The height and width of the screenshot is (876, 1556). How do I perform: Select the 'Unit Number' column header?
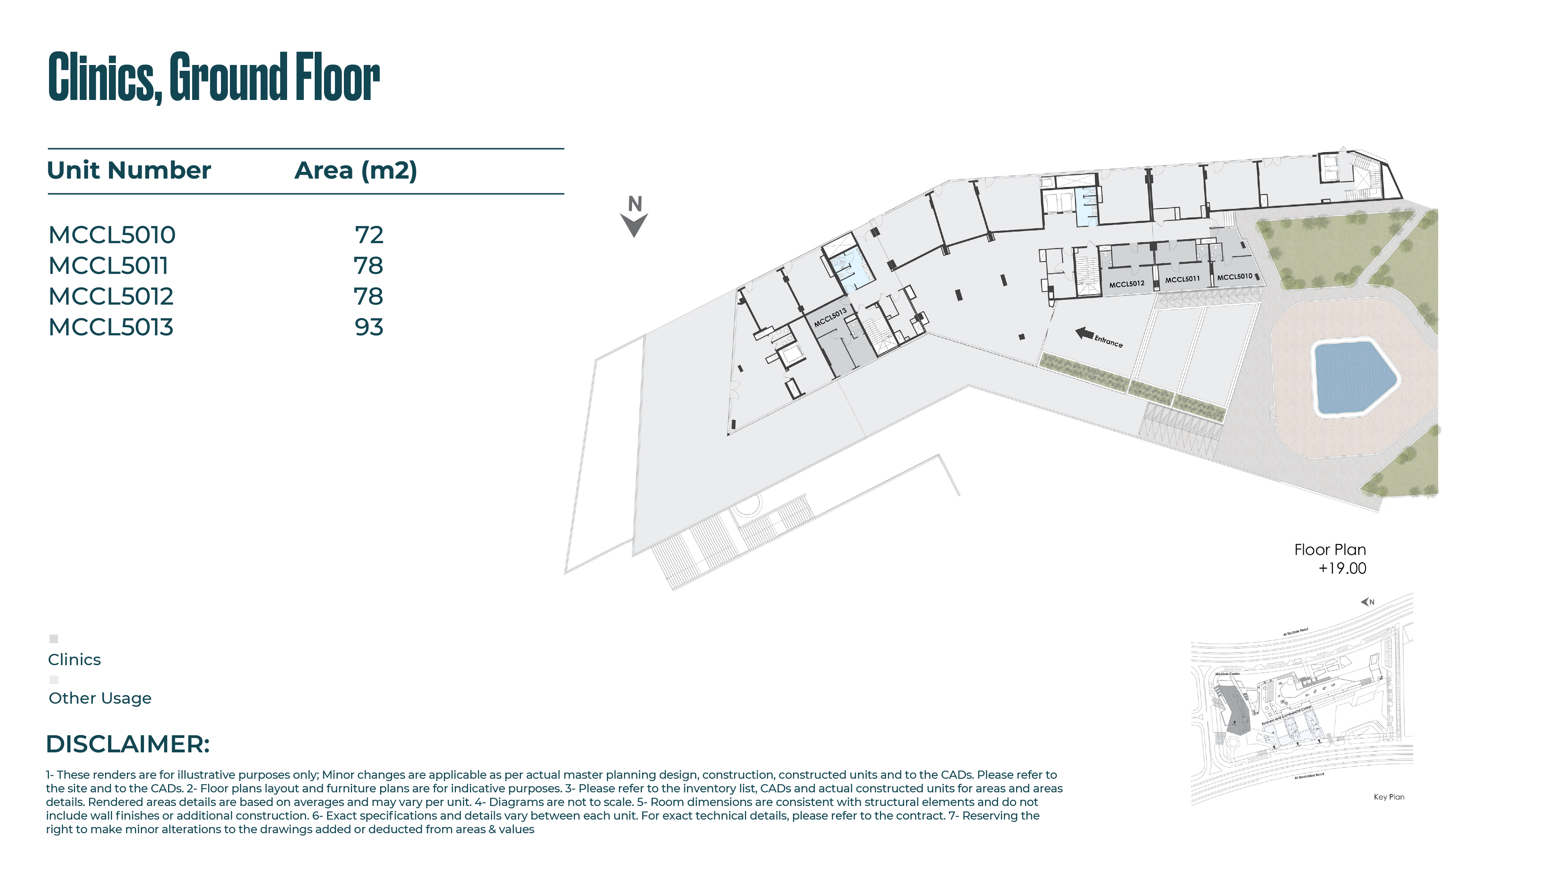click(x=129, y=170)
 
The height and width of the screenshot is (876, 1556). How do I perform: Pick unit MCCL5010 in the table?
click(x=112, y=235)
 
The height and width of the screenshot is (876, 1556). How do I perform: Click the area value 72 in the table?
click(x=369, y=235)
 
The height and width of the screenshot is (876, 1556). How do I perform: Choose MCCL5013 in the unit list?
click(x=110, y=328)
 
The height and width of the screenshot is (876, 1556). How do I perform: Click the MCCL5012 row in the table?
click(x=110, y=297)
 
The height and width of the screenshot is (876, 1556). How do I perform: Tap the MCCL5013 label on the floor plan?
click(x=830, y=317)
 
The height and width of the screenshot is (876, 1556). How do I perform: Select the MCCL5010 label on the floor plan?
click(x=1235, y=277)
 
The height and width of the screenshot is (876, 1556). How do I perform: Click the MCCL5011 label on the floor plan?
click(x=1182, y=279)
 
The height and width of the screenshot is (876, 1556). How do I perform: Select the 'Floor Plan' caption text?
click(x=1330, y=550)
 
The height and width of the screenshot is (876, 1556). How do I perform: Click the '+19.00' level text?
click(x=1342, y=568)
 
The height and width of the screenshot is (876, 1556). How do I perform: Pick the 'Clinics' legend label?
click(x=74, y=660)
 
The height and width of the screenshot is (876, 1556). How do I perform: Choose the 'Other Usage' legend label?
click(x=100, y=698)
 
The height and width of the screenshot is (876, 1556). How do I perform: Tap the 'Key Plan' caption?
click(x=1389, y=797)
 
